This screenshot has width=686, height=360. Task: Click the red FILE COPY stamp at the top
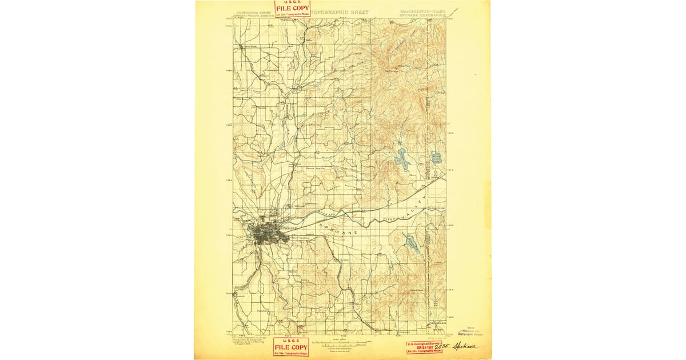point(292,8)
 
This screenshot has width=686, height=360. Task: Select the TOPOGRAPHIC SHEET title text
point(342,12)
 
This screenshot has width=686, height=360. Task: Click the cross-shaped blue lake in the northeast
point(401,158)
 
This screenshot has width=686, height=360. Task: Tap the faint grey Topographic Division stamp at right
point(472,328)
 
